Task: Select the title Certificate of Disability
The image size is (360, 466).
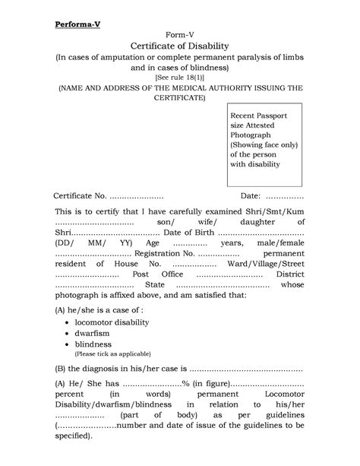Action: [x=179, y=48]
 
